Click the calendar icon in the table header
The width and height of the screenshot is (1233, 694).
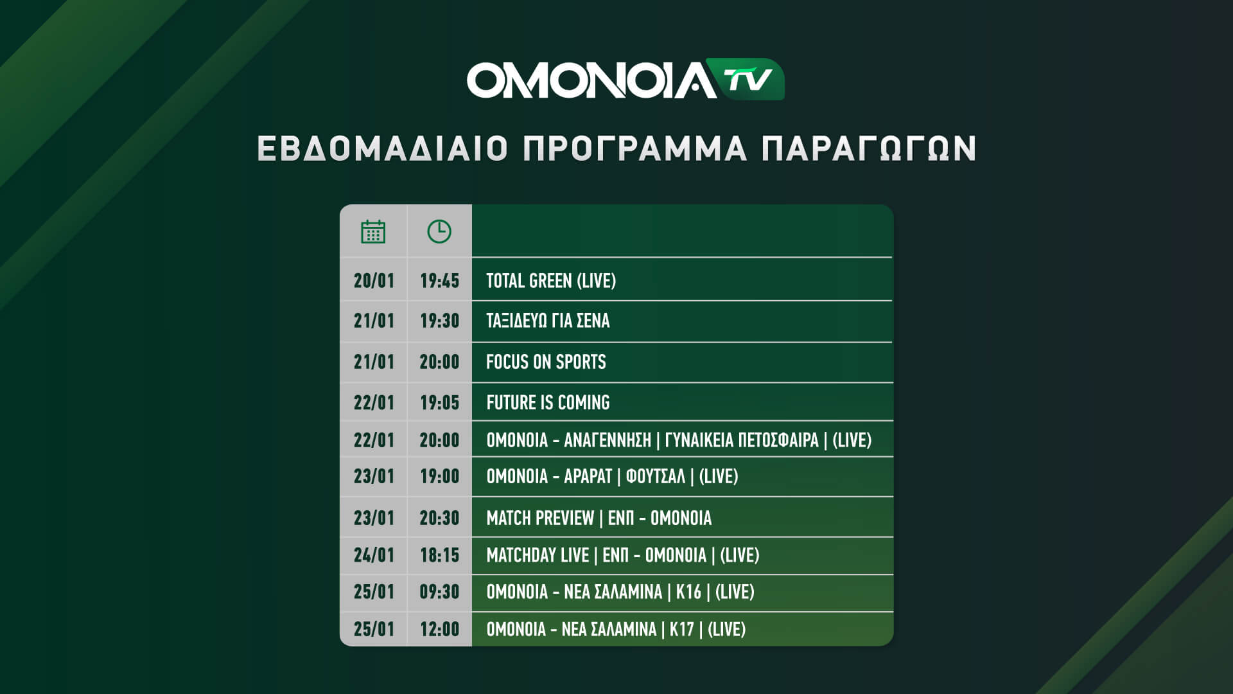click(x=373, y=231)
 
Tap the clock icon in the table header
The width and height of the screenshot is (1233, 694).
click(x=439, y=231)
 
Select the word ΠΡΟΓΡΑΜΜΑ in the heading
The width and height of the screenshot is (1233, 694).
click(x=635, y=148)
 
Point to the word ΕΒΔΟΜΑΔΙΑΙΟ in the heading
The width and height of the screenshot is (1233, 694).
click(x=383, y=148)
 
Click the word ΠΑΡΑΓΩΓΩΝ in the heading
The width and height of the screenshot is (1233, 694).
click(x=868, y=148)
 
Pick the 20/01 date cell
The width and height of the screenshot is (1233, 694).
click(x=374, y=281)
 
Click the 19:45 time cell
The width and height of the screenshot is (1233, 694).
click(x=440, y=281)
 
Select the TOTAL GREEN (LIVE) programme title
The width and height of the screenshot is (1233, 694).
click(x=551, y=281)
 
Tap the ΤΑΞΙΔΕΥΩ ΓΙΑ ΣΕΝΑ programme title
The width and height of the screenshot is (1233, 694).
click(x=548, y=321)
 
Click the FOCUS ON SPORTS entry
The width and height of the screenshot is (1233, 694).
click(x=546, y=362)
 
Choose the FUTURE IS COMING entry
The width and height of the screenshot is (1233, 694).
click(x=548, y=403)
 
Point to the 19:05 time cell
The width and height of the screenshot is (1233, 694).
click(x=440, y=403)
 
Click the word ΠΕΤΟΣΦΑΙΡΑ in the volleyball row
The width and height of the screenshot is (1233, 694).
click(x=778, y=440)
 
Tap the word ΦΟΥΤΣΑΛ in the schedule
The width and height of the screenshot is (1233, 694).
click(x=655, y=476)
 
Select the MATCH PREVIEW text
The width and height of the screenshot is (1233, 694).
click(x=540, y=518)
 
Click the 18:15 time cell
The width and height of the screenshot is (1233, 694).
click(x=440, y=555)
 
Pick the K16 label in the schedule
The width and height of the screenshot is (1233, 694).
click(x=688, y=592)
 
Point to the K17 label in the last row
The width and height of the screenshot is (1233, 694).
click(x=682, y=629)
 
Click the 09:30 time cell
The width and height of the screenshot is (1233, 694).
click(x=440, y=592)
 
